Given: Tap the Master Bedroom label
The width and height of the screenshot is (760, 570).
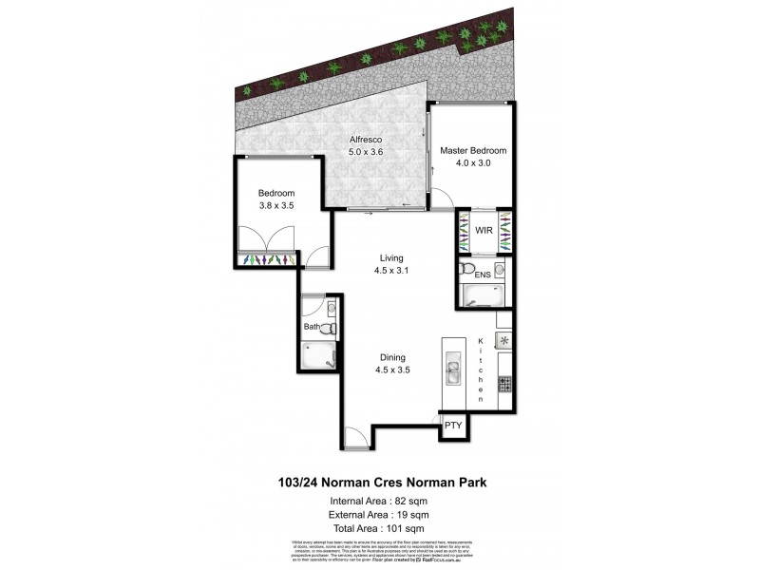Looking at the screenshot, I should point(472,151).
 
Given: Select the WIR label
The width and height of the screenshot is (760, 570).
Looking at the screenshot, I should point(483,230).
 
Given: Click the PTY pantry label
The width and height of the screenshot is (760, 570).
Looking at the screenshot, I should point(453,426).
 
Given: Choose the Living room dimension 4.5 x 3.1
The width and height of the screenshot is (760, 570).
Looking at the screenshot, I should point(391,271).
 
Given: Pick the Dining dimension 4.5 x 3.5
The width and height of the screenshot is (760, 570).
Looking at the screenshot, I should point(392,370).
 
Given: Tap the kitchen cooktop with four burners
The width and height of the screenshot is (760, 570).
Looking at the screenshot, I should point(505,384).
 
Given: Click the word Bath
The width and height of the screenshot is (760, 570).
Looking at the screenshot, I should point(311,328).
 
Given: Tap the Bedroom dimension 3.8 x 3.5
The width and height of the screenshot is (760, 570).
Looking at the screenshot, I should point(277,204).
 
